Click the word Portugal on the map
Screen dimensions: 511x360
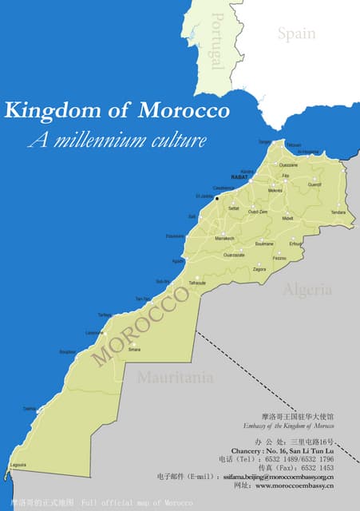pos(215,41)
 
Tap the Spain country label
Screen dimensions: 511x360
pos(296,34)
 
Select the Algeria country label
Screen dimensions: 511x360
pos(307,290)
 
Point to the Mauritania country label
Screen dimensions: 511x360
pos(175,377)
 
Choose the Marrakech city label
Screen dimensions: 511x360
pos(224,238)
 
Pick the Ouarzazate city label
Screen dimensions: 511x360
pos(234,255)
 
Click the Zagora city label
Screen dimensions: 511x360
pos(259,270)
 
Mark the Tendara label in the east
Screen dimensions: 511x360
pos(338,212)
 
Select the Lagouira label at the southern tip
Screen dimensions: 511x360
pos(18,465)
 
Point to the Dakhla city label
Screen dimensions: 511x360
pos(30,408)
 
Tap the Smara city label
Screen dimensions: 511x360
pos(134,349)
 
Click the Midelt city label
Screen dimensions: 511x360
pos(288,218)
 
